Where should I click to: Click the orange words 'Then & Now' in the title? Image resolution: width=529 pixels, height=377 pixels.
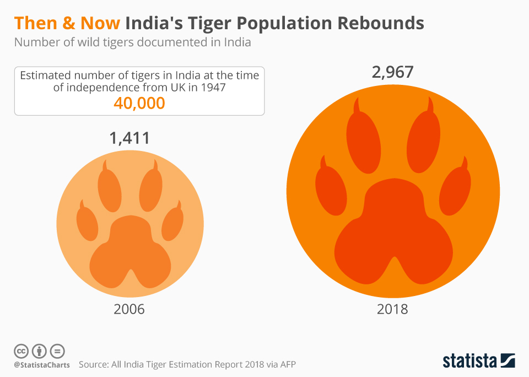(x=67, y=23)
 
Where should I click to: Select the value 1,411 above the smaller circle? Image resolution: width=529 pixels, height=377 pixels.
(x=130, y=138)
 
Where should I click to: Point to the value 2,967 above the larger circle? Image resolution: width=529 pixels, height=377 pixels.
(x=393, y=72)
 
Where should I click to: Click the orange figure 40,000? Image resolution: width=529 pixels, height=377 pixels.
(x=139, y=103)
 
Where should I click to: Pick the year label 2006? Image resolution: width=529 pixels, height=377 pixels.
(x=129, y=309)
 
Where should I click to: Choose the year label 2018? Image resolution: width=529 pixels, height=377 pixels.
(x=392, y=309)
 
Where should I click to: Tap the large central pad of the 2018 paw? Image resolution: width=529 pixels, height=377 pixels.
(x=392, y=231)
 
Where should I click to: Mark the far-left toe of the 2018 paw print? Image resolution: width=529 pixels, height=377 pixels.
(x=331, y=190)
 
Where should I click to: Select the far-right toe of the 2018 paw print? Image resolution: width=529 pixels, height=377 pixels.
(x=455, y=190)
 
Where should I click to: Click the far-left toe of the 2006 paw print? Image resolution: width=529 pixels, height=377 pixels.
(x=87, y=220)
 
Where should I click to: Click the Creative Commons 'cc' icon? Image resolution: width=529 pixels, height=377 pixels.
(x=21, y=351)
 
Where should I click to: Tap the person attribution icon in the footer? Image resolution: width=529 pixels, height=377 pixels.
(x=39, y=351)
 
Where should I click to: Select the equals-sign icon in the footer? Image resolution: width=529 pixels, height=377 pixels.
(x=57, y=351)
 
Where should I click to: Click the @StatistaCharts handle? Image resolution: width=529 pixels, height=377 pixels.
(x=42, y=365)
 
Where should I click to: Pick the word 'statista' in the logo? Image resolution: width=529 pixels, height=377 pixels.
(x=469, y=361)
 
